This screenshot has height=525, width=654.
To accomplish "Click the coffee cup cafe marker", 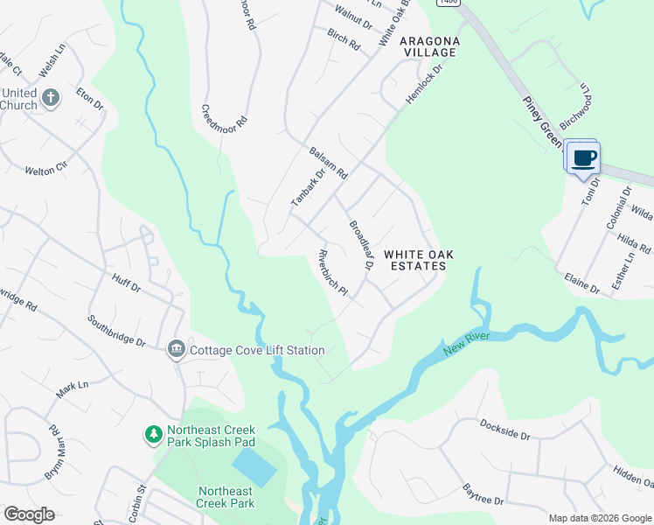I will [583, 158].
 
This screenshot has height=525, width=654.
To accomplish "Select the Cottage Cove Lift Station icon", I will [176, 350].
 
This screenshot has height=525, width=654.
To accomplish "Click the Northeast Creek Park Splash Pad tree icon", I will [153, 434].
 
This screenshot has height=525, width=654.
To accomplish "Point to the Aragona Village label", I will [428, 46].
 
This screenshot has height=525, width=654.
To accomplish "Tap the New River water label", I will [466, 343].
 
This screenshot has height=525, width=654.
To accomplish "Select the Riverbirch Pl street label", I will [333, 274].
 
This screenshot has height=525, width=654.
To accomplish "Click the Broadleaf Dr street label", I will [361, 239].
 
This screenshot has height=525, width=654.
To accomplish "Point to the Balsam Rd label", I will [329, 163].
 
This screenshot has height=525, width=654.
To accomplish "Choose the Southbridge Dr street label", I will [116, 331].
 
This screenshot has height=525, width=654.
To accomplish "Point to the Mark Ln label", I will [73, 389].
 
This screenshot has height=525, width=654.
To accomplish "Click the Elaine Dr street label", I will [581, 283].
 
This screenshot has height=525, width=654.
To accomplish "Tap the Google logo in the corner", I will [29, 514].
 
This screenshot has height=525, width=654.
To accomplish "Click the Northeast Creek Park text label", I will [226, 497].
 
